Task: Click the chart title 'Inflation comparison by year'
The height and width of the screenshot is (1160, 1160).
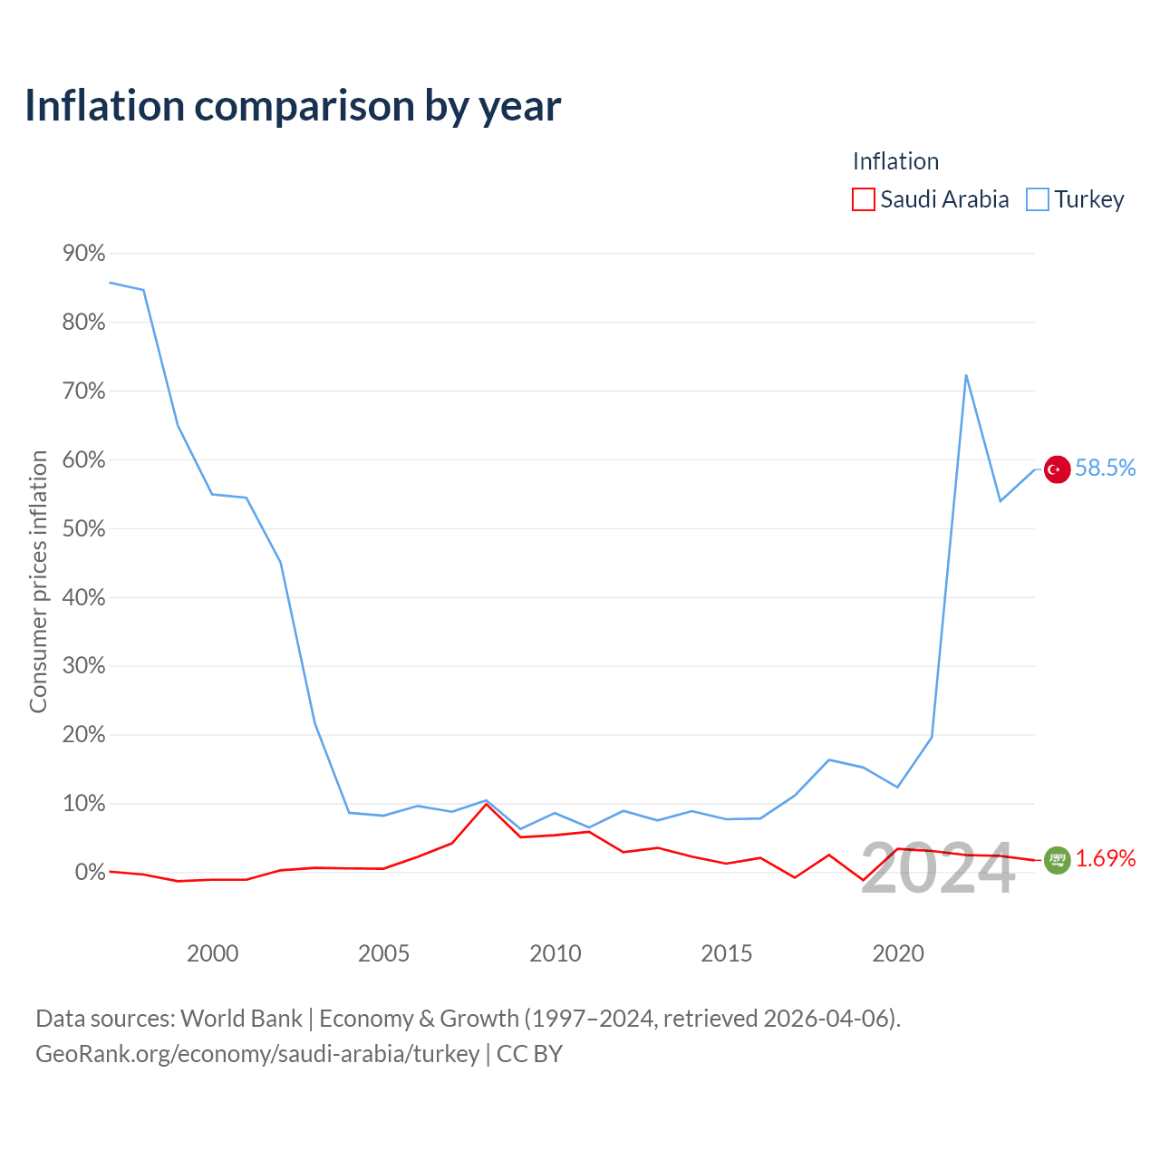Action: click(293, 106)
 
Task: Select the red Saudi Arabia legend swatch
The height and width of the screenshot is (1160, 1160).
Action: click(863, 199)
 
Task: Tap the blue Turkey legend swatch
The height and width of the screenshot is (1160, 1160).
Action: click(1037, 199)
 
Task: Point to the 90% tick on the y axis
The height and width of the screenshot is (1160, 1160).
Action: click(83, 254)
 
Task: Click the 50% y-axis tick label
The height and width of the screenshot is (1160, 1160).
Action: click(83, 528)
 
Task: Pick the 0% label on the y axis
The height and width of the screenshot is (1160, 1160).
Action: click(90, 872)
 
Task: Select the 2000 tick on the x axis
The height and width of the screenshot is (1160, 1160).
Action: click(212, 953)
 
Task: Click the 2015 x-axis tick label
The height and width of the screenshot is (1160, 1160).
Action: click(727, 953)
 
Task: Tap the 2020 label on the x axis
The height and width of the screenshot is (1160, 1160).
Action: click(898, 953)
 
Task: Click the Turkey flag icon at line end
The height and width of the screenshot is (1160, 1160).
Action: click(1057, 469)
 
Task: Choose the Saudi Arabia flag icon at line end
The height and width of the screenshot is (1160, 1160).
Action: click(1057, 860)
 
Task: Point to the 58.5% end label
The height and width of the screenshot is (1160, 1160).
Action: click(1106, 468)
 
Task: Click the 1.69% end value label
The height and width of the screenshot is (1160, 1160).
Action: click(1106, 858)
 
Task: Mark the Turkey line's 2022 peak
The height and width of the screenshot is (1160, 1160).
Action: click(966, 375)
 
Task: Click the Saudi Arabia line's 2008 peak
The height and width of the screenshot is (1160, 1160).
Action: click(487, 804)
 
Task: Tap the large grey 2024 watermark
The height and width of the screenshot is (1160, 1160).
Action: click(939, 869)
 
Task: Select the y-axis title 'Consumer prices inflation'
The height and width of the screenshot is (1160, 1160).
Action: click(38, 582)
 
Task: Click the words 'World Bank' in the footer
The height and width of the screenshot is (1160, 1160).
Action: click(241, 1019)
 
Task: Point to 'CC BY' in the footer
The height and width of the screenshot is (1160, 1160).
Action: click(530, 1053)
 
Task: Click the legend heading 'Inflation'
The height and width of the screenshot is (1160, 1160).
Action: click(895, 161)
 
